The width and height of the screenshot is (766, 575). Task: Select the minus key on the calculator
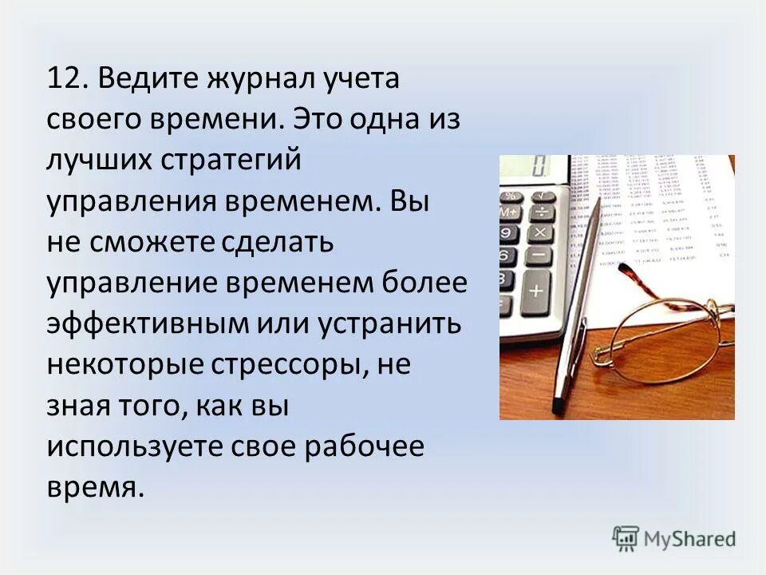coord(539,256)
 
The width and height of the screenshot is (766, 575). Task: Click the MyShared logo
coord(674,537)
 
